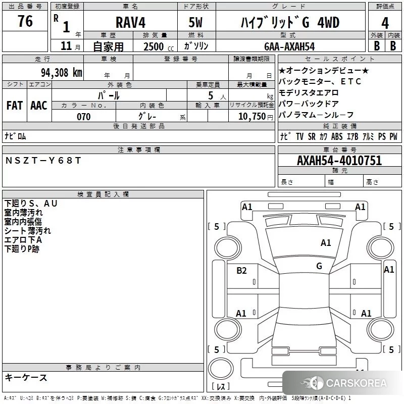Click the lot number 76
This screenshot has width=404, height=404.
(25, 21)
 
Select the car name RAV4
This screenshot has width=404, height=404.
(130, 22)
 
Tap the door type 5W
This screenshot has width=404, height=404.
(195, 22)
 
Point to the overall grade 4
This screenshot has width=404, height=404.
(385, 23)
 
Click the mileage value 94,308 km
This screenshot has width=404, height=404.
(62, 72)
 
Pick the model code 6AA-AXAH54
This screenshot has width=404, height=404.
(289, 46)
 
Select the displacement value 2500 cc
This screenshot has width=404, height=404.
(159, 46)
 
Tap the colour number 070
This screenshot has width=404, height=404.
(84, 117)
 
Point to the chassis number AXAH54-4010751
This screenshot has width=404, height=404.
(339, 161)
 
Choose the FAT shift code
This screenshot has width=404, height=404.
(15, 106)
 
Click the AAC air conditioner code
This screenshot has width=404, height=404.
(39, 106)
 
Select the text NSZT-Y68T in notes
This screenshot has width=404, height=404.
(43, 161)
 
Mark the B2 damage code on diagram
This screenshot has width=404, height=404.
(241, 271)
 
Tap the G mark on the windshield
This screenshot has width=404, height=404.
(319, 266)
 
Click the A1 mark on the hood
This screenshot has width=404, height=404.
(326, 243)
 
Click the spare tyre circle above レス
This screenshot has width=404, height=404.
(221, 369)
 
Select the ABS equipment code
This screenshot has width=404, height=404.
(337, 136)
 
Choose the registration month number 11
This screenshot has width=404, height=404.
(66, 46)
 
